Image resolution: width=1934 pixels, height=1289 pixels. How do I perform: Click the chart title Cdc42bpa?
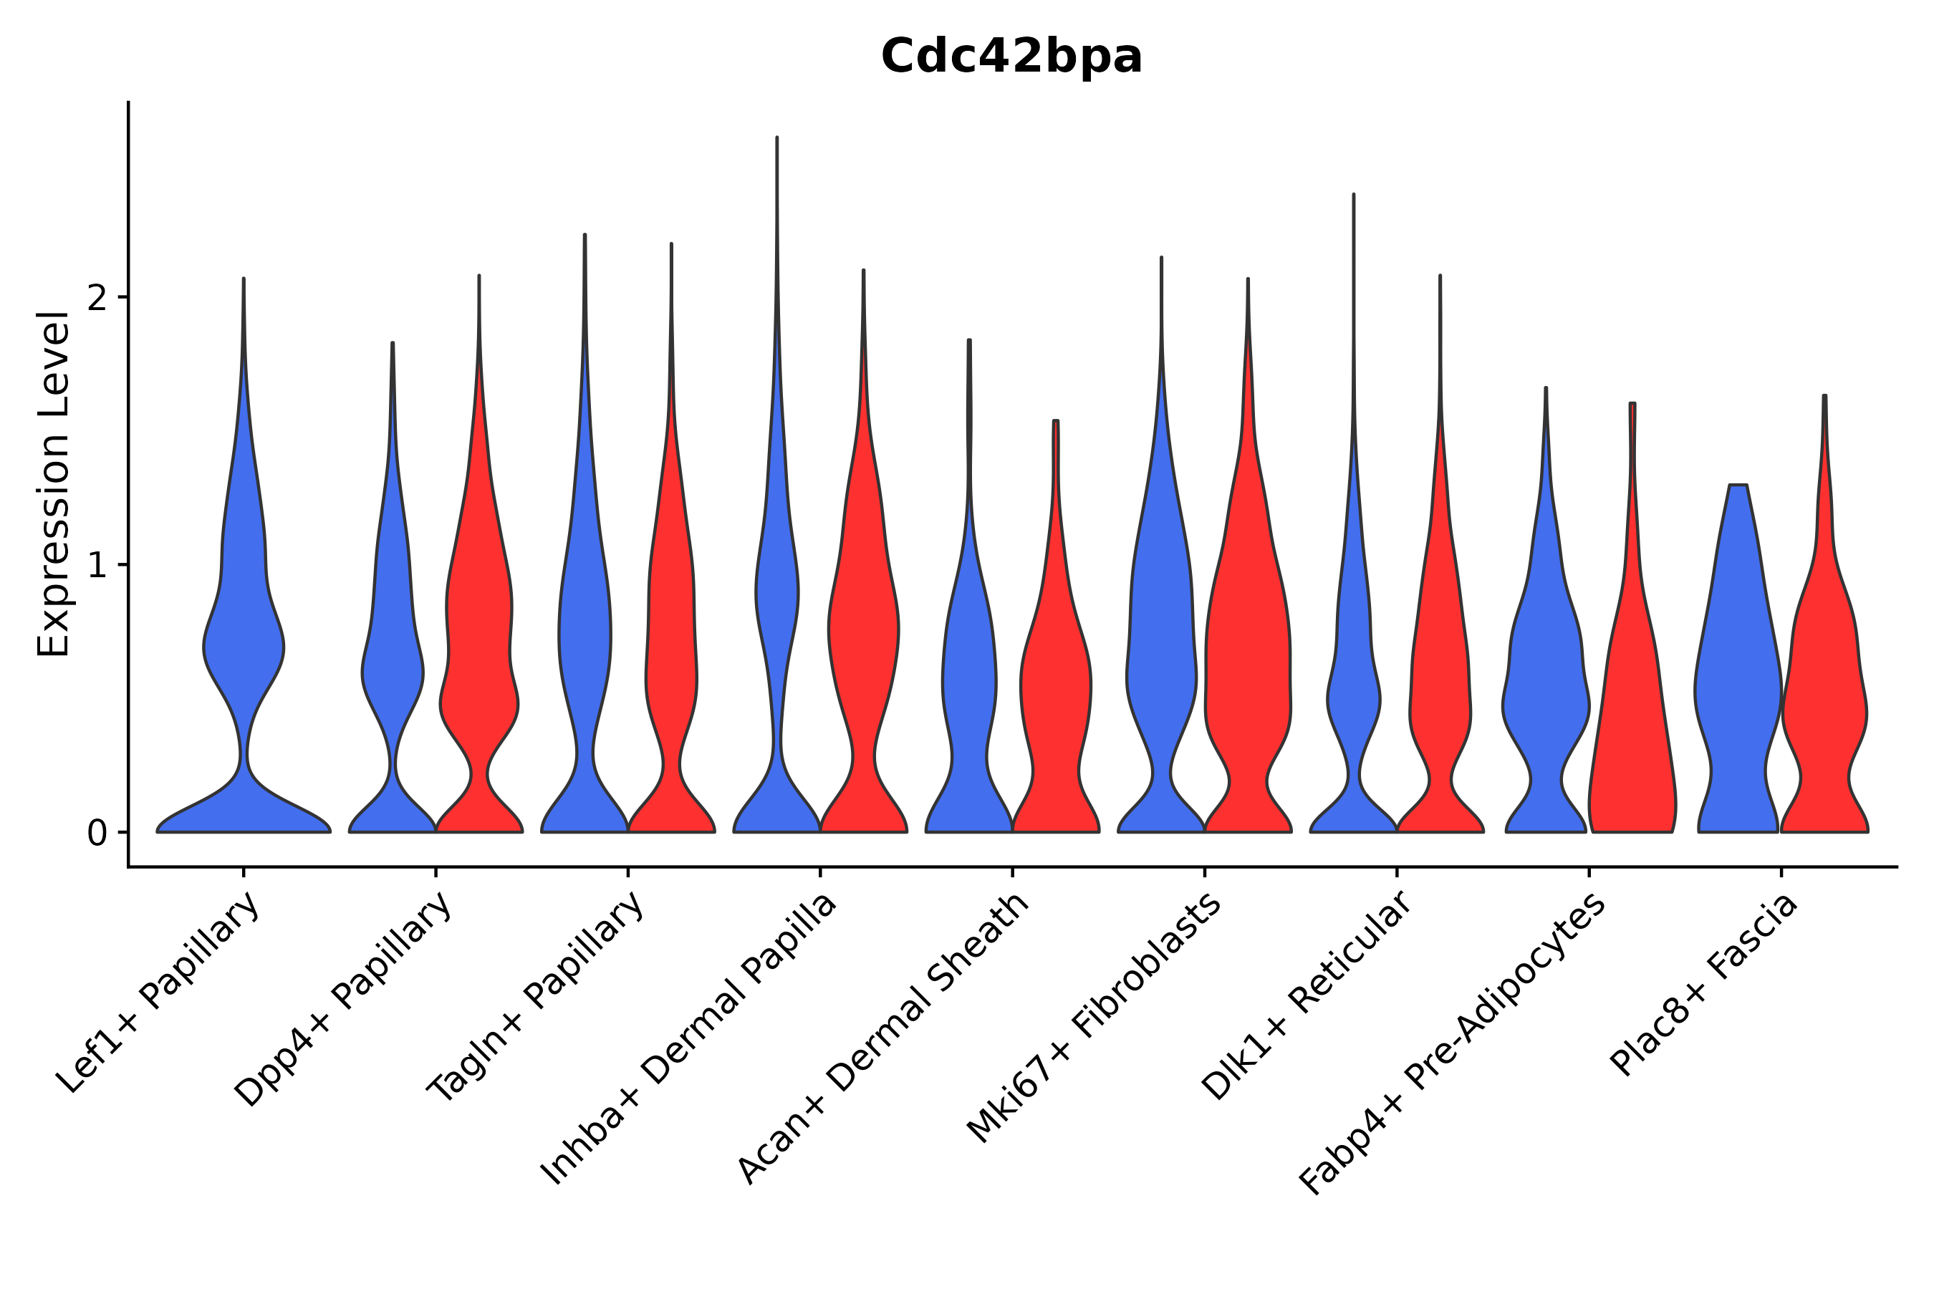(1011, 57)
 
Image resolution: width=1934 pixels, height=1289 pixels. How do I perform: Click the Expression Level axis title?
(54, 484)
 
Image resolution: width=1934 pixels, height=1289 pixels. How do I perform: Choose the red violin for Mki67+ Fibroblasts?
(1247, 657)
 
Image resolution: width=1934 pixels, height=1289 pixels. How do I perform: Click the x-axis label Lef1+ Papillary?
(160, 995)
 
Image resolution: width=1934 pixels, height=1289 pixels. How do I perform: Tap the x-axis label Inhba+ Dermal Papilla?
(689, 1040)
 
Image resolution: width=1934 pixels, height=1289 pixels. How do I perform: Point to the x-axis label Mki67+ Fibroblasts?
(1094, 1019)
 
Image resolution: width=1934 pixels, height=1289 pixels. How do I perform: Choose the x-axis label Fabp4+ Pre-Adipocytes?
(1452, 1044)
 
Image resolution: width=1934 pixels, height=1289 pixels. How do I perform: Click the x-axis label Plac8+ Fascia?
(1706, 987)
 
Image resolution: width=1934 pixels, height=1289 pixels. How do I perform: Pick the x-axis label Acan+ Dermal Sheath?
(883, 1039)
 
